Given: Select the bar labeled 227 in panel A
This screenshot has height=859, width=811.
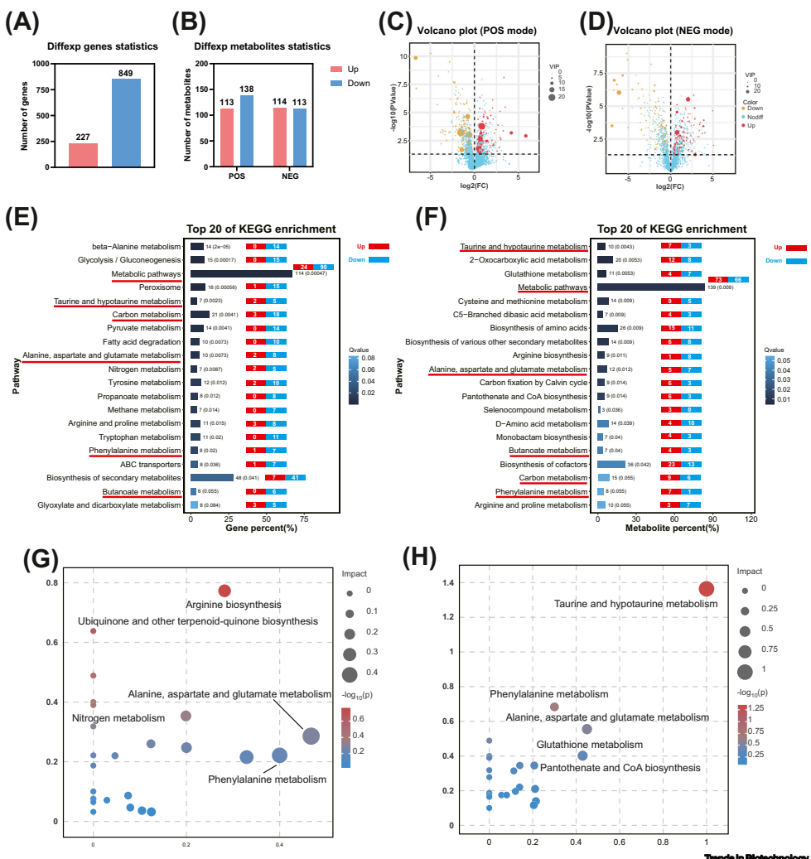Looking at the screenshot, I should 83,155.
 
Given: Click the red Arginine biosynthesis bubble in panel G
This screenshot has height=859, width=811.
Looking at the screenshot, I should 224,591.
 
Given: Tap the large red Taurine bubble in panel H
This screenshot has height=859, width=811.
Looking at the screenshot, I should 707,589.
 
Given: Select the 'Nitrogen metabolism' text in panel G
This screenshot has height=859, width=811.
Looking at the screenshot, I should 118,717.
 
